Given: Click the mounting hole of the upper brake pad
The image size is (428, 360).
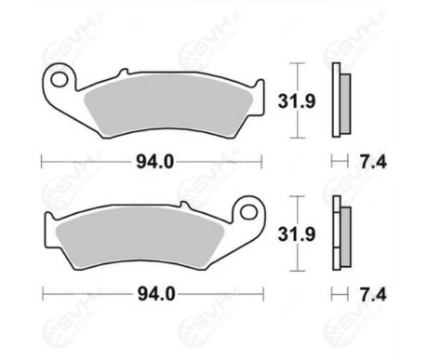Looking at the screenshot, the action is click(x=60, y=80).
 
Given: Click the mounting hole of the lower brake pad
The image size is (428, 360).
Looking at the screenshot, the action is click(x=248, y=212).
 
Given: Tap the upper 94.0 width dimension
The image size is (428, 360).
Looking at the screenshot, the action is click(x=155, y=162).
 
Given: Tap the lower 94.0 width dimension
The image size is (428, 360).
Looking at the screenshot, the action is click(x=156, y=294).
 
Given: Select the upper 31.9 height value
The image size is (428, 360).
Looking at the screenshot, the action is click(x=297, y=101).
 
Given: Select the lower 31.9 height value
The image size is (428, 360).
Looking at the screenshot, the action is click(x=297, y=234).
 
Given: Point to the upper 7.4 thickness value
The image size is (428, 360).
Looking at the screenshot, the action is click(x=373, y=162).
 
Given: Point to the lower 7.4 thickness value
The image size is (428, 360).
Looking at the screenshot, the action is click(x=373, y=295).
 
